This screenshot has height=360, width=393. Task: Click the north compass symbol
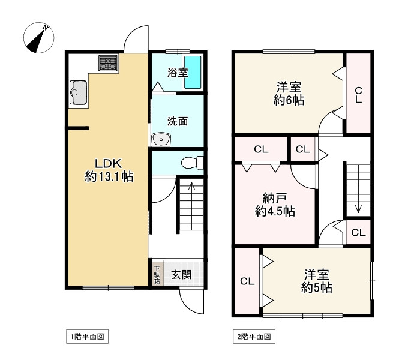coord(38,38)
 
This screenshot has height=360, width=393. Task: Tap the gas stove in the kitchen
coord(108,63)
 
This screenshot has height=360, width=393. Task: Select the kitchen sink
coord(78,92)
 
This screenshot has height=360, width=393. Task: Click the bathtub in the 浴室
coord(193,72)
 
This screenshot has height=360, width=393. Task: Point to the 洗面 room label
coord(178,121)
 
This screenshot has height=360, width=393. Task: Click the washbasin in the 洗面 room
coord(161,139)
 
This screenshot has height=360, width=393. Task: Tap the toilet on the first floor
coord(193,163)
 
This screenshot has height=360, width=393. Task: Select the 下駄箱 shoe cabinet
coord(157,274)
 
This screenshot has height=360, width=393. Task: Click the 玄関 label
coord(181,275)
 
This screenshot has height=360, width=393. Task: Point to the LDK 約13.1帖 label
coord(109,170)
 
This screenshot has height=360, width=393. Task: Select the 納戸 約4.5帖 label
coord(275,205)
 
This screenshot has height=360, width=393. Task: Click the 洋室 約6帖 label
coord(289,94)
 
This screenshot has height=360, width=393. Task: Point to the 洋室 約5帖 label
coord(317,281)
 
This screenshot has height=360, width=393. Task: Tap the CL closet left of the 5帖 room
coord(247,281)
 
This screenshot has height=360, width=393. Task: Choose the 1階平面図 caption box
coord(88,337)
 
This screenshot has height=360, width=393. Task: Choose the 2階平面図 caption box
coord(254,337)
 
